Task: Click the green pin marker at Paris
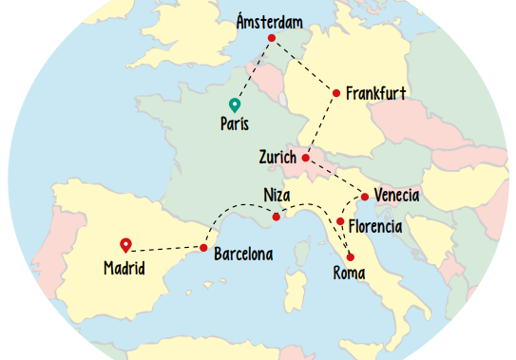234,105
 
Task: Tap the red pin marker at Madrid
125,245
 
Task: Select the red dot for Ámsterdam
272,38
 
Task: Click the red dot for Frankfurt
335,92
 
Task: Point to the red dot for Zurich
305,158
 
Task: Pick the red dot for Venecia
365,197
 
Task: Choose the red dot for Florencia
340,221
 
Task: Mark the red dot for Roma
351,257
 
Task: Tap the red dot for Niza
277,217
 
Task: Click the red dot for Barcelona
203,248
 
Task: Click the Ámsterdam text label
271,20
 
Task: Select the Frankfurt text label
376,93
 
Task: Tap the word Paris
235,123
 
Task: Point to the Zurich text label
277,158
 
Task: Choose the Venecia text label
396,196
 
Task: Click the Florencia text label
375,227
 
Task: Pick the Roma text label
349,274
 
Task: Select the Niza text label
277,197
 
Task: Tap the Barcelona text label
243,254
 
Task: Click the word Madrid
124,268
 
